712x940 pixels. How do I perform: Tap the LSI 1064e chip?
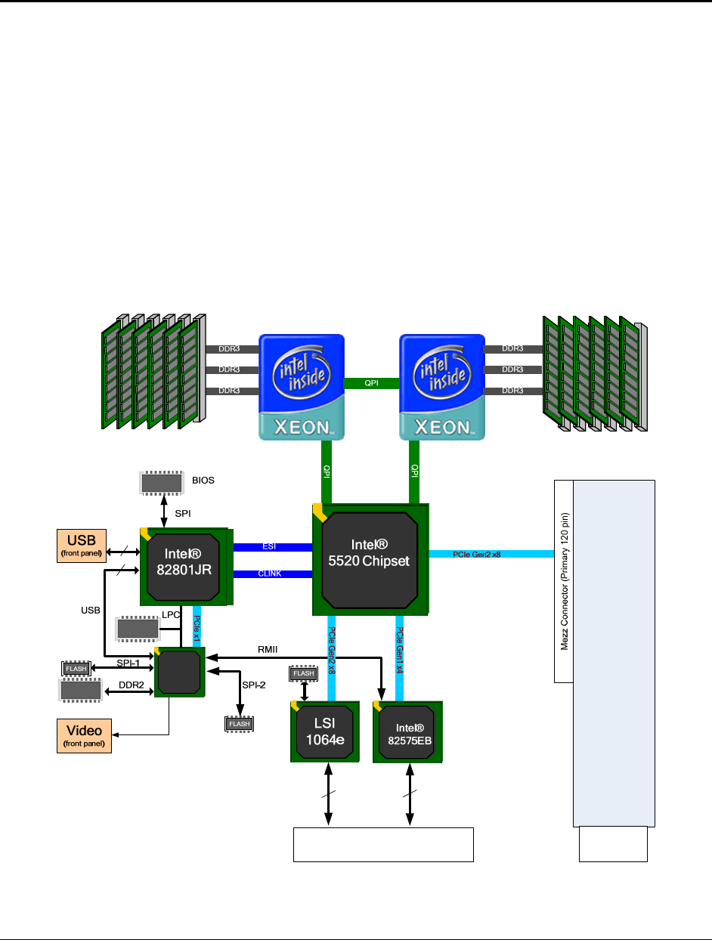tap(325, 731)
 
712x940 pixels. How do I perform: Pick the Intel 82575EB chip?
tap(408, 731)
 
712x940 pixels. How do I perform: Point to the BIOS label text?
tap(204, 479)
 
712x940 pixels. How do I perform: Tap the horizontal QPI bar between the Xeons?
tap(371, 383)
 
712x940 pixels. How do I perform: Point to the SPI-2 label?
tap(253, 685)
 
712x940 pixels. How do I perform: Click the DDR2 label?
tap(131, 686)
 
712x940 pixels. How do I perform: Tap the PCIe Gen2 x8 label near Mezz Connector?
tap(476, 555)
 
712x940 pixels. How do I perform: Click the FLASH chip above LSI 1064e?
tap(304, 673)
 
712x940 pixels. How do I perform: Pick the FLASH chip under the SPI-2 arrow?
tap(240, 724)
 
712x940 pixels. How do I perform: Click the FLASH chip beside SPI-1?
tap(76, 668)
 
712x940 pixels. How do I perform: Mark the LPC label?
tap(170, 615)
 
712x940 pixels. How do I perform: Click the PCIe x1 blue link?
tap(197, 624)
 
